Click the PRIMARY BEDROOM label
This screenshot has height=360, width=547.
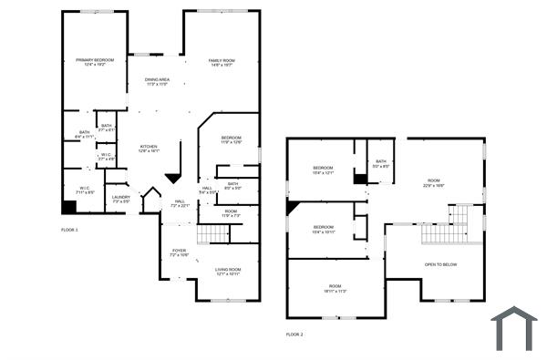94,63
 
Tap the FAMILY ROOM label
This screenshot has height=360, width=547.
222,63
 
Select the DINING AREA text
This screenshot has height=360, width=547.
157,82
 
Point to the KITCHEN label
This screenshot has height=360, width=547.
149,149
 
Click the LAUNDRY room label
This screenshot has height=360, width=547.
120,198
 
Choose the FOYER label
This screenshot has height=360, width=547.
179,252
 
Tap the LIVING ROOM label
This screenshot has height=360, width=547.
228,272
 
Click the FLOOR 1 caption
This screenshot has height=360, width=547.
70,230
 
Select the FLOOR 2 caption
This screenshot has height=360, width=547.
294,334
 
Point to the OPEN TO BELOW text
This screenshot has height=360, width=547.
440,265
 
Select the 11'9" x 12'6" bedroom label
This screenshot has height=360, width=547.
231,140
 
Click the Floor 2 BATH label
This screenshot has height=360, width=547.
380,165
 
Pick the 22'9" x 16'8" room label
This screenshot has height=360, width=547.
432,183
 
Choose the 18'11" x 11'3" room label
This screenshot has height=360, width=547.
335,289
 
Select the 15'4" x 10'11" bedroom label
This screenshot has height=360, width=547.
324,229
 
